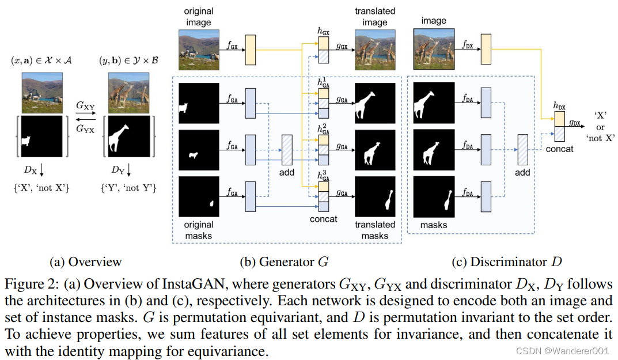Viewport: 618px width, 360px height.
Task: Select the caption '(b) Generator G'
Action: click(x=284, y=262)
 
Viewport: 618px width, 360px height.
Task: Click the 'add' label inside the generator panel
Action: click(x=286, y=172)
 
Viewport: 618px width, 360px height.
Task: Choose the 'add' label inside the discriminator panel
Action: click(x=522, y=172)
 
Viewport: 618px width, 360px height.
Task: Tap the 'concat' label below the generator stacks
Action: click(x=323, y=219)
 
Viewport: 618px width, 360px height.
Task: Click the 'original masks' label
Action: click(x=199, y=230)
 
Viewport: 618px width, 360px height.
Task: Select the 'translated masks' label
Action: click(x=375, y=230)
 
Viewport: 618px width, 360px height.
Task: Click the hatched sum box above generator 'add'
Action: click(x=286, y=150)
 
